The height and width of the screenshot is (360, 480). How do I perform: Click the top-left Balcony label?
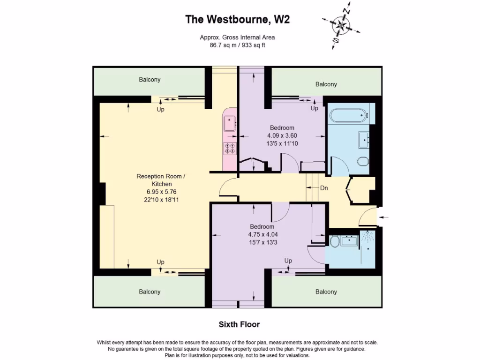[150, 80]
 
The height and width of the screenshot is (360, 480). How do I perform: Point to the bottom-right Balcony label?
[326, 292]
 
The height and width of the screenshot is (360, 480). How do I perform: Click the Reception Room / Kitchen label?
[161, 180]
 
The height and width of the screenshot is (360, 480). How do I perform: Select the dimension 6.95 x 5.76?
[161, 192]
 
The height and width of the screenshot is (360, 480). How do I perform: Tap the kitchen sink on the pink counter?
[229, 124]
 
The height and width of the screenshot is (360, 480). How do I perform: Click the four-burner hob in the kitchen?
[230, 148]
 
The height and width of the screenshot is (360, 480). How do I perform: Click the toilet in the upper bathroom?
[363, 162]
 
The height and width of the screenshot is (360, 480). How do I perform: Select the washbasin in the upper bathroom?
[364, 139]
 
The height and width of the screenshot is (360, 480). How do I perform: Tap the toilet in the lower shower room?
[335, 241]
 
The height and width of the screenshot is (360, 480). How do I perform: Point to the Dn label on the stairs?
[323, 187]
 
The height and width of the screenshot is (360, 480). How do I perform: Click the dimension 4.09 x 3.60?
[282, 135]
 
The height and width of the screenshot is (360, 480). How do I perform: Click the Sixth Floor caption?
[239, 324]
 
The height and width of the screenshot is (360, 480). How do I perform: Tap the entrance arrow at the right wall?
[383, 217]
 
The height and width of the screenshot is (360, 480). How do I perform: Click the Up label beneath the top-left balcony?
[161, 110]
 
